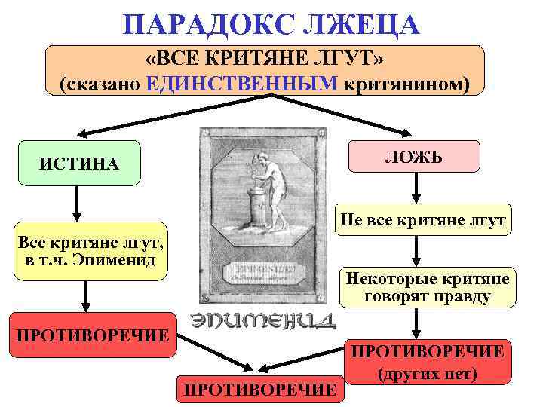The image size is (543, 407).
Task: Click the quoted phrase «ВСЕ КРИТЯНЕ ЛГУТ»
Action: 265,60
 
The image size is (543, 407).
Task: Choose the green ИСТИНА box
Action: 79,163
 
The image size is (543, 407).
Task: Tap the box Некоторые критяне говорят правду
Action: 427,287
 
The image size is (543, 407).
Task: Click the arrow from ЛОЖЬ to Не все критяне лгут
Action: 413,188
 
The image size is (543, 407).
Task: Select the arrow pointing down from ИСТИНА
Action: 76,203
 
